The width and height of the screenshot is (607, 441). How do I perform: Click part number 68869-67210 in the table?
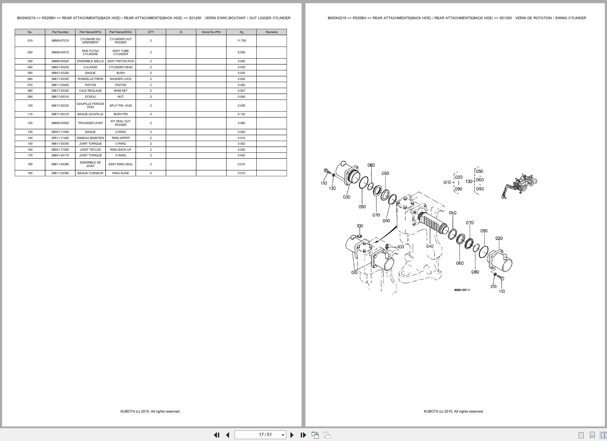click(60, 41)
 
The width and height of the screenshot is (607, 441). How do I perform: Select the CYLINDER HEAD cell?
click(121, 67)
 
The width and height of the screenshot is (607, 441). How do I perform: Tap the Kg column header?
click(241, 32)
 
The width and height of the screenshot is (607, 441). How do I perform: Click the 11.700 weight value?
click(241, 41)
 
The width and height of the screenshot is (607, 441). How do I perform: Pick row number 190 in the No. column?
click(30, 173)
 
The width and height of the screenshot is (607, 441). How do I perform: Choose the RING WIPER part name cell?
click(121, 138)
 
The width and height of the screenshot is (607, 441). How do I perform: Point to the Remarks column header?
click(271, 32)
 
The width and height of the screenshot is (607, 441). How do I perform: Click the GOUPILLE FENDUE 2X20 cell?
click(90, 106)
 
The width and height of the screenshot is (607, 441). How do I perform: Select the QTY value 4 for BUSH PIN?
click(151, 114)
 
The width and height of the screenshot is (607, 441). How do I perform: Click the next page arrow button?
click(292, 435)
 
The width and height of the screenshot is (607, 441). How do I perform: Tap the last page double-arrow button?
click(303, 435)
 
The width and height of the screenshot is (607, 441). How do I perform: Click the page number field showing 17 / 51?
click(260, 435)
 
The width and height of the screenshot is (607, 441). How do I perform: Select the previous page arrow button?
click(228, 435)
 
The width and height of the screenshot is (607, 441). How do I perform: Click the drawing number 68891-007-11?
click(462, 290)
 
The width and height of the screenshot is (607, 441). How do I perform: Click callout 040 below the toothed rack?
click(430, 246)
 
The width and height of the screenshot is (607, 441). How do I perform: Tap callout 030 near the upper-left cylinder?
click(346, 197)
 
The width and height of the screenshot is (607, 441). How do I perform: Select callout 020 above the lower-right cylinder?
click(499, 238)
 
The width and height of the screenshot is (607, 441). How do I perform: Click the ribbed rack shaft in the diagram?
click(433, 224)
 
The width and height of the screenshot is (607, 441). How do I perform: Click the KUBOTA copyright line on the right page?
click(453, 411)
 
